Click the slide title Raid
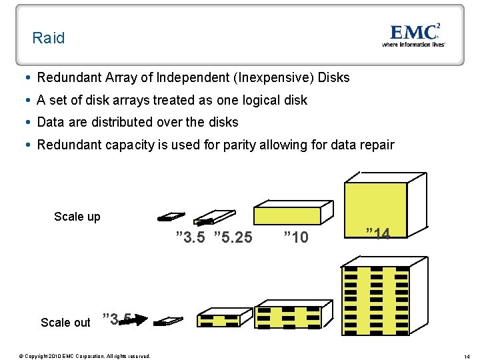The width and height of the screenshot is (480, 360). (49, 38)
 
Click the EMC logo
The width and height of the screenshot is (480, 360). (414, 31)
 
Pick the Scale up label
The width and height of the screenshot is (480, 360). (77, 217)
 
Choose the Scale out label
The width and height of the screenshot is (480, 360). (65, 323)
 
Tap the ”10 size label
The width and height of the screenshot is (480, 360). (295, 237)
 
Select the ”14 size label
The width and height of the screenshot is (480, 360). (377, 233)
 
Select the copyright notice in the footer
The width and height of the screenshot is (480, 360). (85, 356)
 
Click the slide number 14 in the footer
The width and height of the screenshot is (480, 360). (467, 356)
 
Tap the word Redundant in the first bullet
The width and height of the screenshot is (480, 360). (69, 77)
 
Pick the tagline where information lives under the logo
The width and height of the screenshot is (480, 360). (413, 45)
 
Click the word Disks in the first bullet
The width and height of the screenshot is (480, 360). (334, 77)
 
